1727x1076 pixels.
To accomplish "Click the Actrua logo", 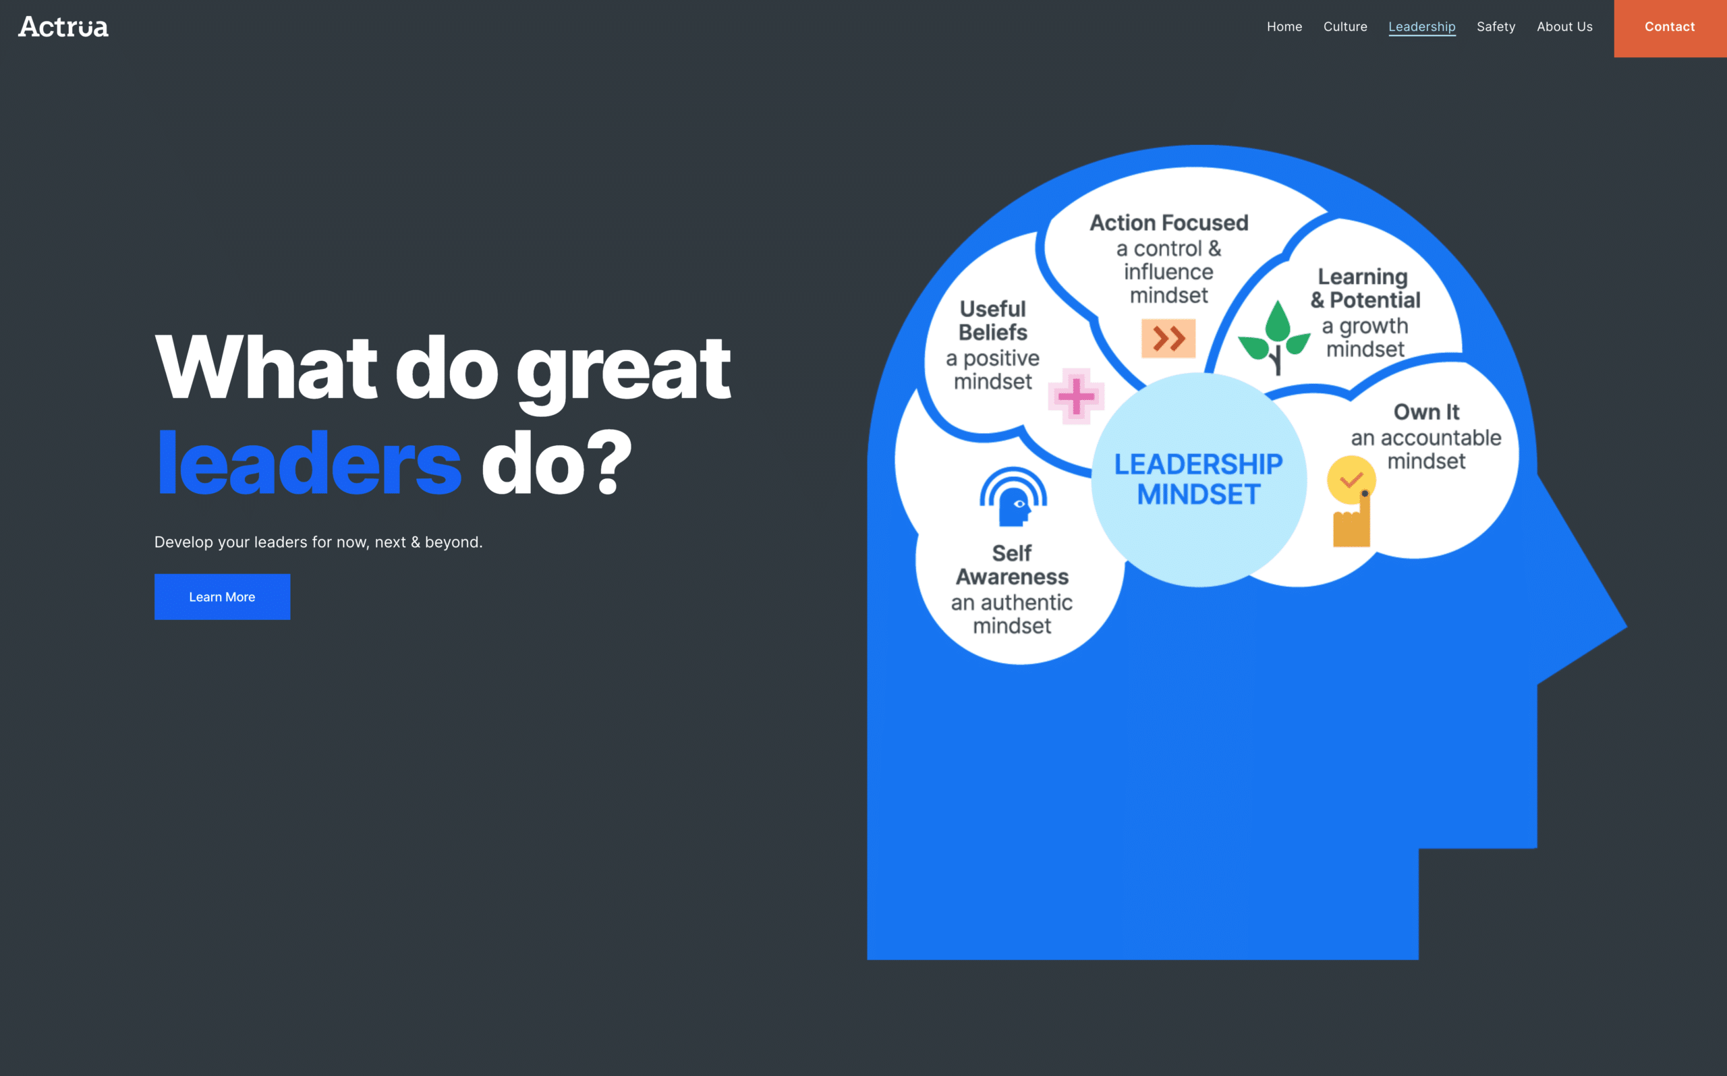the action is (x=63, y=27).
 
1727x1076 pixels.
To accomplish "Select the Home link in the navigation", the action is (x=1284, y=26).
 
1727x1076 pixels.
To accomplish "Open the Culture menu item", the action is (x=1345, y=26).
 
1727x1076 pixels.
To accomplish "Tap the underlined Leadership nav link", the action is (x=1421, y=27).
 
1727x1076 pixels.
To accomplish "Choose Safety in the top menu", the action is (x=1496, y=27).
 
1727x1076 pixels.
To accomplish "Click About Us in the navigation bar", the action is (x=1564, y=26).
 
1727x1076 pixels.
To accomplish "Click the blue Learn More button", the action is (x=222, y=596).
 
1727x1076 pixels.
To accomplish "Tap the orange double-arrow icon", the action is (x=1168, y=338).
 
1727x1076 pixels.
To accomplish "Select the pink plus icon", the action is (x=1076, y=397).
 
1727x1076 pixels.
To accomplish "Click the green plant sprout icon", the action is (x=1274, y=337).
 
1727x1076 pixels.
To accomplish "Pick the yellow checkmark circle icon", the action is (x=1351, y=480).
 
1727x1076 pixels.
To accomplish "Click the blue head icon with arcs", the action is (x=1013, y=497).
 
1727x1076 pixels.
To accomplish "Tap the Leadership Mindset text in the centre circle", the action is (x=1198, y=479).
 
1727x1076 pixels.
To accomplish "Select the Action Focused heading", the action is (x=1168, y=223).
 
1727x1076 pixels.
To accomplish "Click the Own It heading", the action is (x=1426, y=412).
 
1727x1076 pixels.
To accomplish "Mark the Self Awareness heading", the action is (x=1012, y=565).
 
